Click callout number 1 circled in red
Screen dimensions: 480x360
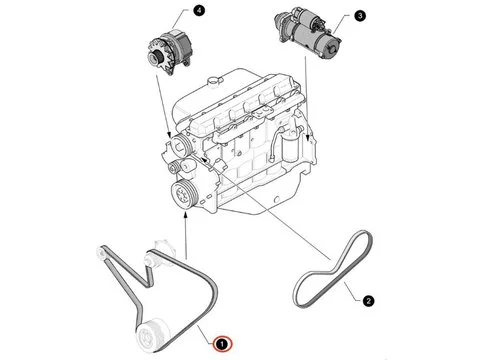point(222,343)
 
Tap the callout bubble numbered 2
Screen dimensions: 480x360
point(368,301)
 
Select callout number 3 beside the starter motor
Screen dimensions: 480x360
point(360,16)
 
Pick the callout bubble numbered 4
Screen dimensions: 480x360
point(199,10)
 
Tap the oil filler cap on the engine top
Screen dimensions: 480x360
point(213,81)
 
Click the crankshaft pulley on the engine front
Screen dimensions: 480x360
point(184,195)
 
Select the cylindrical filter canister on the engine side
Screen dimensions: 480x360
point(289,147)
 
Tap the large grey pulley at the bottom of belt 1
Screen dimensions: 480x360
point(153,334)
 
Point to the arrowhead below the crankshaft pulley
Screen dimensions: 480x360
point(185,215)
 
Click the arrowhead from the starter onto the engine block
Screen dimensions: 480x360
point(308,137)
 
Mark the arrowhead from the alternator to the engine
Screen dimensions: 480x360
point(170,135)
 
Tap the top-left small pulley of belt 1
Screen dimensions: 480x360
point(101,252)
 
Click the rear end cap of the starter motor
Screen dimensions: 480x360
point(331,47)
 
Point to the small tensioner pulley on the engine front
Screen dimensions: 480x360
point(174,167)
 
